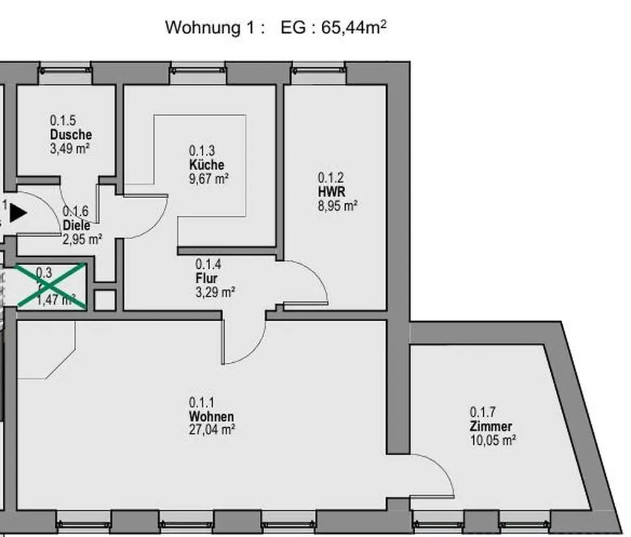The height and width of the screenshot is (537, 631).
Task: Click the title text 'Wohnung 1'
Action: (x=204, y=28)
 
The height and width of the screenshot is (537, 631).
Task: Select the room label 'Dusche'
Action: (x=71, y=135)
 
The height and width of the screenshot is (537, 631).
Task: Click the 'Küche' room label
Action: (x=206, y=165)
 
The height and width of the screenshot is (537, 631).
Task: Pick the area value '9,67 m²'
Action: (x=209, y=179)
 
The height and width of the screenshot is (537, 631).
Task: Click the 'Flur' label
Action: (x=206, y=278)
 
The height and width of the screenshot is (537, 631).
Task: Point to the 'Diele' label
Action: (x=76, y=226)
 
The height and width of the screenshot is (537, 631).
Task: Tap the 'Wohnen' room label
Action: (x=211, y=417)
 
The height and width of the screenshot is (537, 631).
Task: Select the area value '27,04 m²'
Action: (x=212, y=430)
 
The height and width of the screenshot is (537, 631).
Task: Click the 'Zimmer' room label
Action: (x=490, y=427)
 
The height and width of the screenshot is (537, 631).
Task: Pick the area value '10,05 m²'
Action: (x=492, y=441)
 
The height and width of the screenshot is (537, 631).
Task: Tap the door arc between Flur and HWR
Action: (x=319, y=278)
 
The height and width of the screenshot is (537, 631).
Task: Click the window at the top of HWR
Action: (x=319, y=72)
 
